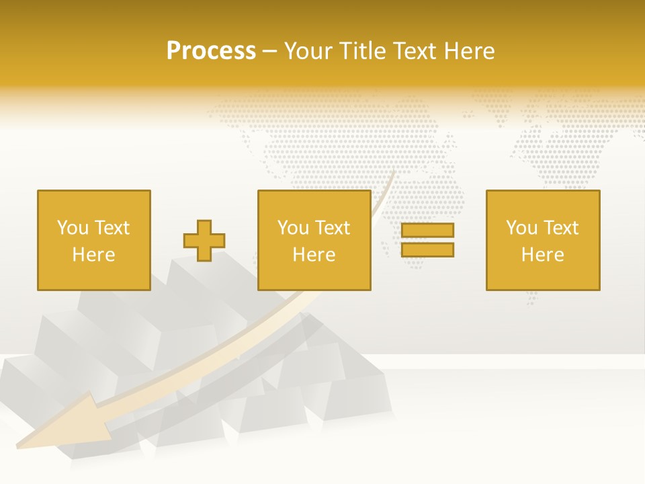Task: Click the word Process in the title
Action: click(211, 51)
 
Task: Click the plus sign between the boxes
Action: click(204, 241)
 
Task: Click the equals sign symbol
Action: click(427, 240)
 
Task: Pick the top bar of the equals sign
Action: click(427, 231)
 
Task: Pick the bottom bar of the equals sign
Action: click(427, 250)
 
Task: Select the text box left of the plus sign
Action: click(93, 240)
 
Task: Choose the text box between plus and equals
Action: click(314, 240)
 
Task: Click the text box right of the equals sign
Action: click(543, 240)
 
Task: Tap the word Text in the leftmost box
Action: click(112, 228)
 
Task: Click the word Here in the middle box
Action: click(314, 255)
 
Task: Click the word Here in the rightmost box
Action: click(543, 255)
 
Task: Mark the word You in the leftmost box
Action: click(73, 228)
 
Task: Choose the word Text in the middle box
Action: click(332, 228)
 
